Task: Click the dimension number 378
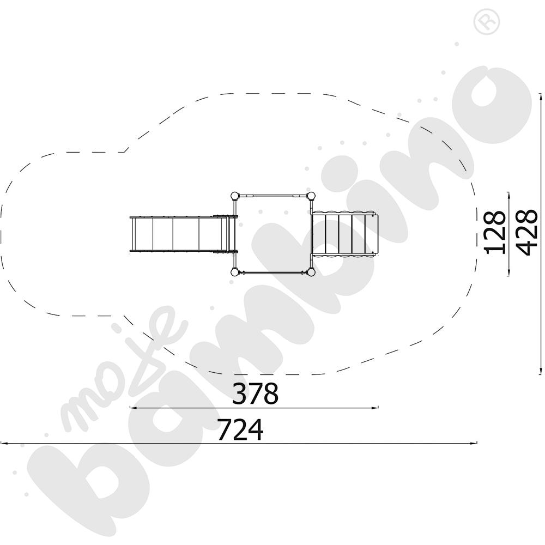(255, 393)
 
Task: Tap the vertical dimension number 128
(495, 232)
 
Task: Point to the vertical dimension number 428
(527, 232)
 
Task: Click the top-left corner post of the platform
(235, 196)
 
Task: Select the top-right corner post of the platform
(311, 196)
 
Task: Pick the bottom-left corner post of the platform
(235, 272)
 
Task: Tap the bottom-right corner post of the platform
(311, 272)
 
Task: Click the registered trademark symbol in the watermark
(487, 21)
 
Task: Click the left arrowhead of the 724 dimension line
(3, 443)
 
